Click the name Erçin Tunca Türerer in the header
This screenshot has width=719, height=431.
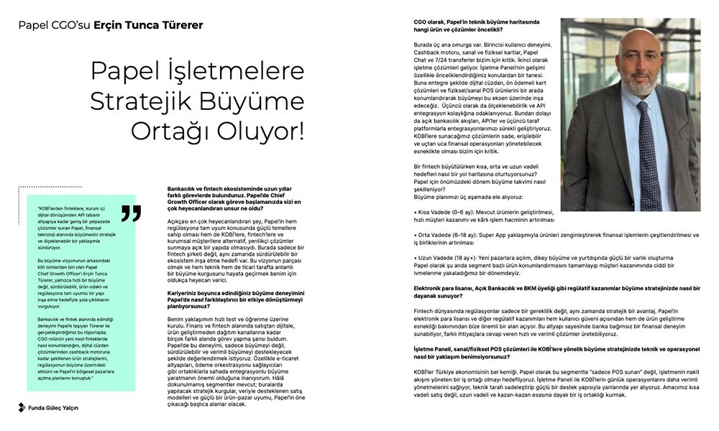[x=148, y=26]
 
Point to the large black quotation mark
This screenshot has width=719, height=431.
[x=130, y=212]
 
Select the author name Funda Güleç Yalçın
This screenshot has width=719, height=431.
[x=55, y=407]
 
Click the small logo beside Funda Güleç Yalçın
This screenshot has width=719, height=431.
[x=22, y=407]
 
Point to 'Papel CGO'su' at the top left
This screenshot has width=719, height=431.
[x=54, y=26]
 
